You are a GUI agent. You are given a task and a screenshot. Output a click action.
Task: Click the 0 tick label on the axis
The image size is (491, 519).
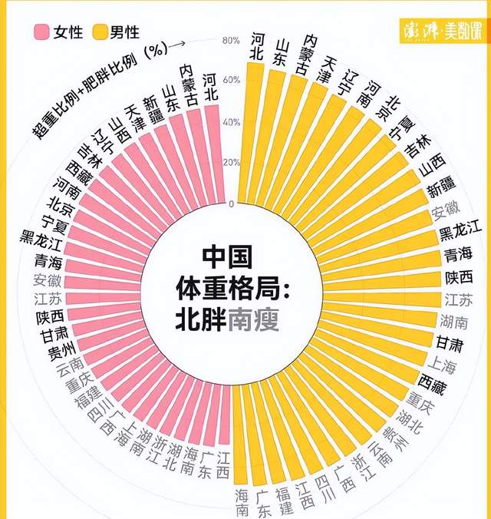point(231,203)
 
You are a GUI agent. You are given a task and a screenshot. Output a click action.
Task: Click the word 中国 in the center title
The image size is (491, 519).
point(227,256)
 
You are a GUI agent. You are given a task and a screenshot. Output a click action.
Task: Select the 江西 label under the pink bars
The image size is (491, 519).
point(223,464)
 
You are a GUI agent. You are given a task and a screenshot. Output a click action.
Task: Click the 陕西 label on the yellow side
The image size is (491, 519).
point(459,277)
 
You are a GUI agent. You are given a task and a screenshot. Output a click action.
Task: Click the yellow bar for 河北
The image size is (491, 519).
point(254,131)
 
